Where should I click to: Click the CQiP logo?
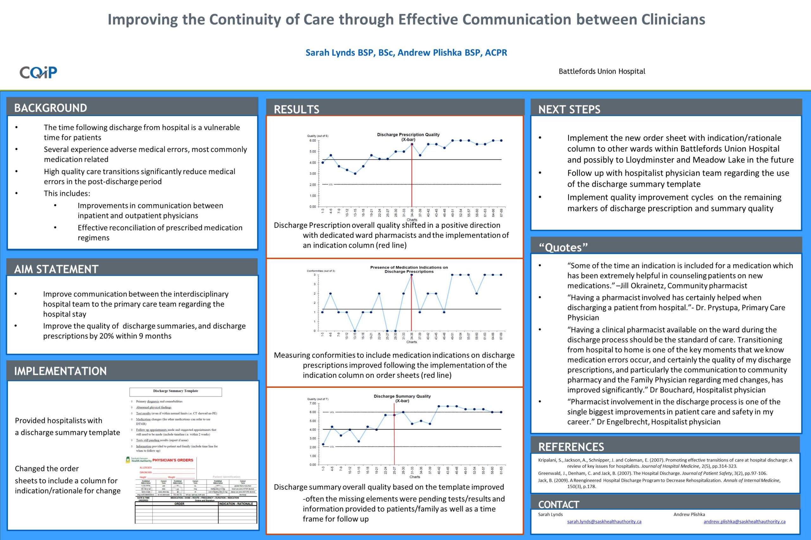click(x=38, y=72)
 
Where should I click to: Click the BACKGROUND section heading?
click(x=50, y=108)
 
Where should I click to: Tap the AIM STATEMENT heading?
click(x=56, y=269)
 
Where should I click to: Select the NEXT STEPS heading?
click(x=569, y=110)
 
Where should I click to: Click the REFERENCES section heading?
click(x=571, y=447)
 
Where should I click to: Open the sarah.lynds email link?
click(x=604, y=522)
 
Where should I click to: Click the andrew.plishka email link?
click(x=744, y=522)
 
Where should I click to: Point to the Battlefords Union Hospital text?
click(x=602, y=72)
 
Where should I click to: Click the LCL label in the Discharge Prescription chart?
click(x=330, y=185)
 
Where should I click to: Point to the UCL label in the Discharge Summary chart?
click(x=332, y=412)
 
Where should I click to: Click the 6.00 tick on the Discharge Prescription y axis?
click(x=312, y=141)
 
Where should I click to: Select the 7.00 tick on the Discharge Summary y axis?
click(x=312, y=403)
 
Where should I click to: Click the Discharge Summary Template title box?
click(x=176, y=391)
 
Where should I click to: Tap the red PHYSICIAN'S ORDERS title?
click(x=173, y=460)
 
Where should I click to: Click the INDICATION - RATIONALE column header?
click(x=236, y=504)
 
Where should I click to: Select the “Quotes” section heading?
click(x=563, y=247)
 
